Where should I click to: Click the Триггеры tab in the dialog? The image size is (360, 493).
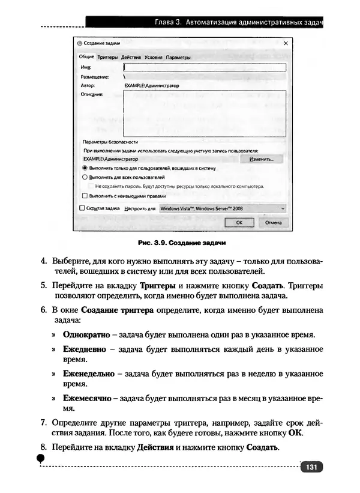[x=107, y=58]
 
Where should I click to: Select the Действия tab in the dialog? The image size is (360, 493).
[x=131, y=58]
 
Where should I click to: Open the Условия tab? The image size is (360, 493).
[x=153, y=58]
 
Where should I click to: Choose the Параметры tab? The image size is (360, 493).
[x=178, y=58]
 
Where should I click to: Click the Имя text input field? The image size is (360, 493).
[x=204, y=68]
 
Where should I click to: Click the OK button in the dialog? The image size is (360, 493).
[x=239, y=222]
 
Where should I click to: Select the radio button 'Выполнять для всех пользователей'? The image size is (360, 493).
[x=85, y=178]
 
